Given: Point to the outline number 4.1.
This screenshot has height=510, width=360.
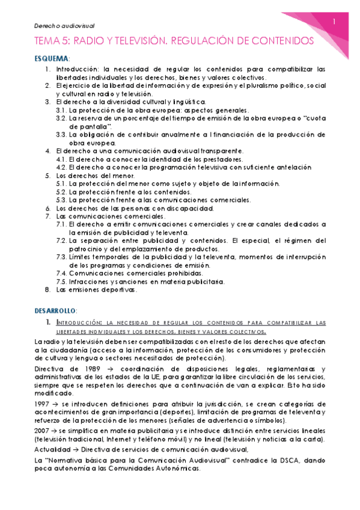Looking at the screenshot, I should coord(62,159).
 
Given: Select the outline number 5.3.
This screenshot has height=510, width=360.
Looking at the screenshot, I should coord(62,200).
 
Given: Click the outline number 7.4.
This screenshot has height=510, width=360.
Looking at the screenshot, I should coord(62,273).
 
